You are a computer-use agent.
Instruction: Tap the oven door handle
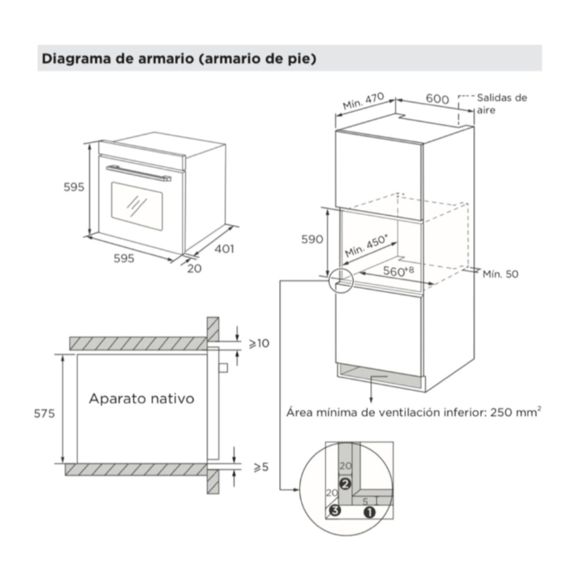[x=138, y=173]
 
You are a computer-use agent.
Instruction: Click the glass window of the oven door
[x=137, y=206]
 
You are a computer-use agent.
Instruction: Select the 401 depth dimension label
[x=224, y=249]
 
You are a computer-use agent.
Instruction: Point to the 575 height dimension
[x=44, y=413]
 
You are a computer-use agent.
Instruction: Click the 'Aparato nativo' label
[x=142, y=399]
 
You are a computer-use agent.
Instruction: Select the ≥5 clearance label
[x=261, y=467]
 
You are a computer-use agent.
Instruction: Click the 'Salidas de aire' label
[x=502, y=104]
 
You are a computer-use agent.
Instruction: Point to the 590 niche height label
[x=312, y=239]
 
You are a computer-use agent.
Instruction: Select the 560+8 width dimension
[x=398, y=271]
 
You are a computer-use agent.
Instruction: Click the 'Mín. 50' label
[x=501, y=274]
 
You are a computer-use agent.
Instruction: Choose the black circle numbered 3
[x=334, y=511]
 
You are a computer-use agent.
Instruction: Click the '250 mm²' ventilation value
[x=516, y=412]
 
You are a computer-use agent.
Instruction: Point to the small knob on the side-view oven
[x=223, y=368]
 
